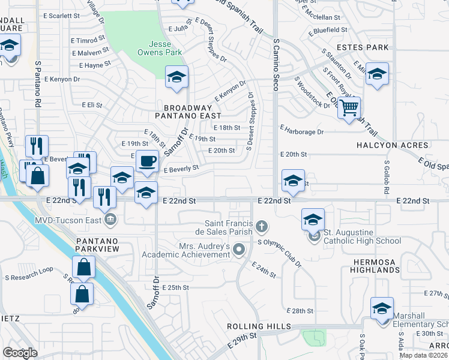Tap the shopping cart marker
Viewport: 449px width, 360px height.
click(349, 109)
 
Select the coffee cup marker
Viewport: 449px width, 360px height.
click(148, 161)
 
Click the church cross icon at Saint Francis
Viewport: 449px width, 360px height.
click(261, 227)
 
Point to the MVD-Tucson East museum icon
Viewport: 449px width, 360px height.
click(110, 220)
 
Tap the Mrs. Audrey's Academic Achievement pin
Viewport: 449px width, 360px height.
click(239, 248)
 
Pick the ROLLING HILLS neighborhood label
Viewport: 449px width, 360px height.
click(258, 326)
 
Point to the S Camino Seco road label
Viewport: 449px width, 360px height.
click(276, 65)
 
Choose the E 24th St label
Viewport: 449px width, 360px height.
click(264, 270)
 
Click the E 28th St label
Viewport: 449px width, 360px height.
click(300, 311)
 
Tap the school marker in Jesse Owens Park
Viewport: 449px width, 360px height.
click(177, 77)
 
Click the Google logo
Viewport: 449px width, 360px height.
click(20, 353)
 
